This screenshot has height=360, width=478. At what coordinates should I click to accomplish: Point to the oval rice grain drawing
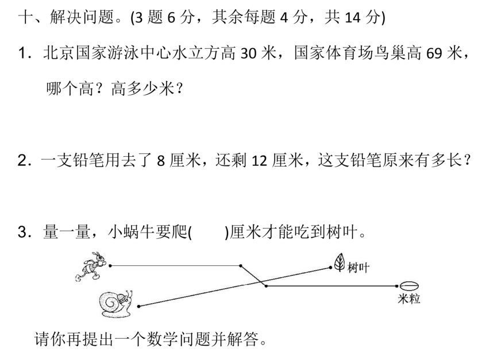[x=408, y=285]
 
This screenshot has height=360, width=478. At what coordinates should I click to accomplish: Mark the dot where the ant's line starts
[x=110, y=265]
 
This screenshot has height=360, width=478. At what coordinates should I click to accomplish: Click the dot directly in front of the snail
[x=140, y=306]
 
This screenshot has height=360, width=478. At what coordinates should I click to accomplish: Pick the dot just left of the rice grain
[x=397, y=285]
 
